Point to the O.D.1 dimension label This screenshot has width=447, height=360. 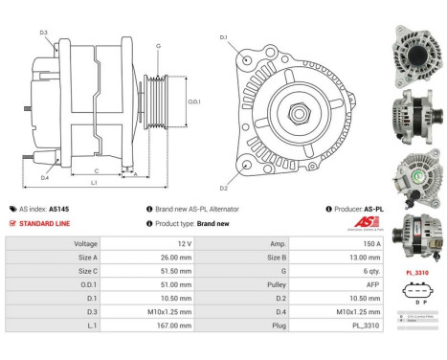tap(194, 102)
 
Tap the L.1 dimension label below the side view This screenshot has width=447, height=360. tap(94, 182)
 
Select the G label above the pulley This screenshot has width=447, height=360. tap(158, 46)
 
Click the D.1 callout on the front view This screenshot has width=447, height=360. tap(223, 37)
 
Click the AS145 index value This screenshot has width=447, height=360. tap(59, 208)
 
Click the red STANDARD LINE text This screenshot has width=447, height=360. tap(46, 223)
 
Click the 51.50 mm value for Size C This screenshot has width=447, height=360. tap(183, 272)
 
